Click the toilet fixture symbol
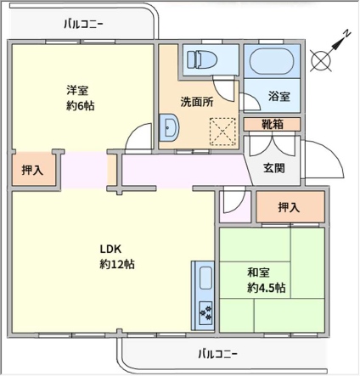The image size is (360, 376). (x=202, y=60)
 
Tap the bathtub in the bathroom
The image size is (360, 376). (x=272, y=61)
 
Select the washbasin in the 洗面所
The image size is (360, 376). (x=169, y=127)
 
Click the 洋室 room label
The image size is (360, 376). (x=77, y=91)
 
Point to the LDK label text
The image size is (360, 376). (x=110, y=249)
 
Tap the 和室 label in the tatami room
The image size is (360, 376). (x=258, y=272)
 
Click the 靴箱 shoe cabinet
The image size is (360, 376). (x=272, y=125)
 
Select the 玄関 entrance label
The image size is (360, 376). (x=274, y=168)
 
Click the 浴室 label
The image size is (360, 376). (x=279, y=97)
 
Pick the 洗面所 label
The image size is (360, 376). (x=197, y=102)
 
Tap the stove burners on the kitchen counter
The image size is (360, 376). (x=205, y=313)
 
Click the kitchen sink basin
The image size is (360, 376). (x=205, y=278)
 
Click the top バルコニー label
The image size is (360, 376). (x=83, y=24)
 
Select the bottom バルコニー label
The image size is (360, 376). (x=217, y=354)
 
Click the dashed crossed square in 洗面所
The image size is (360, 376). (x=222, y=132)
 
